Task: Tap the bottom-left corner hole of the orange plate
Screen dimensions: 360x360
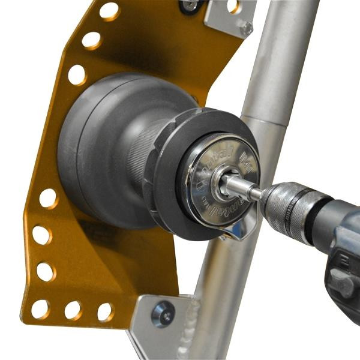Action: (40, 309)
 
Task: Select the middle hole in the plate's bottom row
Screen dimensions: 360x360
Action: (73, 310)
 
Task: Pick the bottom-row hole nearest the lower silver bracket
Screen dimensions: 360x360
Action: (104, 311)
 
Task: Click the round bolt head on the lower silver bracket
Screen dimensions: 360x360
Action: (163, 314)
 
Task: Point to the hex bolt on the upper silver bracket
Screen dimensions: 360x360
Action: (246, 28)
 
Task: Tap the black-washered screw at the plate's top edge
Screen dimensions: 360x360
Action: (190, 5)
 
